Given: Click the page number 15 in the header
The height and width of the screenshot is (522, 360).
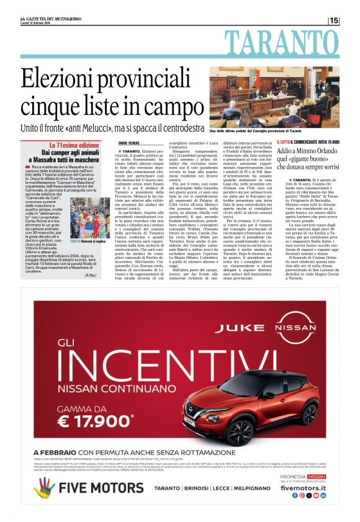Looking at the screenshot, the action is point(335,20).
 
